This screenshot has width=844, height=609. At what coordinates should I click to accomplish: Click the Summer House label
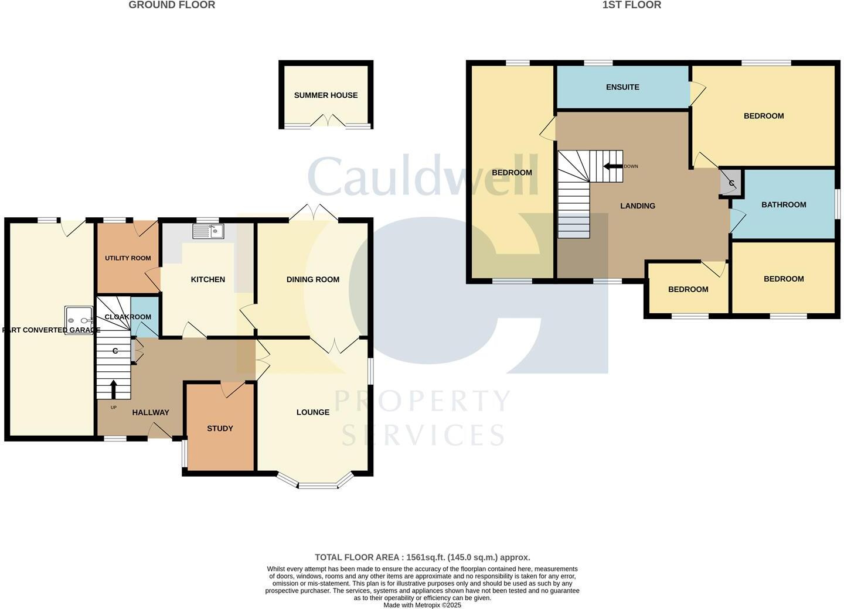click(x=326, y=95)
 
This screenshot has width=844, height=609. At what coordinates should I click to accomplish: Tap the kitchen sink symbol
click(x=208, y=231)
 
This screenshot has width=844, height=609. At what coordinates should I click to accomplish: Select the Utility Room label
click(x=128, y=258)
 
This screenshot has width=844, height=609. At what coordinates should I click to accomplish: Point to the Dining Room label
click(x=313, y=279)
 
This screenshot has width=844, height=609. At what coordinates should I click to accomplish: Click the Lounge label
click(x=313, y=412)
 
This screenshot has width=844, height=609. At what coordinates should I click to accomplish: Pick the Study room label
click(x=220, y=429)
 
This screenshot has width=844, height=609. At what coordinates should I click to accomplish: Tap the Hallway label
click(x=151, y=413)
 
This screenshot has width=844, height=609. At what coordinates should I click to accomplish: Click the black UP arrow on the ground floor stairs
click(x=113, y=389)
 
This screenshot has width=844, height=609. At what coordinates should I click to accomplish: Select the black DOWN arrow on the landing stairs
click(x=612, y=166)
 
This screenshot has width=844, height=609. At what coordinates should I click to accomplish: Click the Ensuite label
click(x=622, y=87)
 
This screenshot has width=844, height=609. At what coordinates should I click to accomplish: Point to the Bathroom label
click(x=784, y=205)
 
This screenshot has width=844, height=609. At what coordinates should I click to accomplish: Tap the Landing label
click(x=638, y=206)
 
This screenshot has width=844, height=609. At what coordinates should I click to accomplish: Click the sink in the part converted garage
click(x=79, y=317)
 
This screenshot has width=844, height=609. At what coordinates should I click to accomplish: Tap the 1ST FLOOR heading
click(x=632, y=5)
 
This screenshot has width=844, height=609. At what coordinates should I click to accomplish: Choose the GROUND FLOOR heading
click(x=172, y=5)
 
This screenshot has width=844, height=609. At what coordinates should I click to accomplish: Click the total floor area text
click(x=422, y=557)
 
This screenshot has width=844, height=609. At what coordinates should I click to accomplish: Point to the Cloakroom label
click(x=128, y=317)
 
